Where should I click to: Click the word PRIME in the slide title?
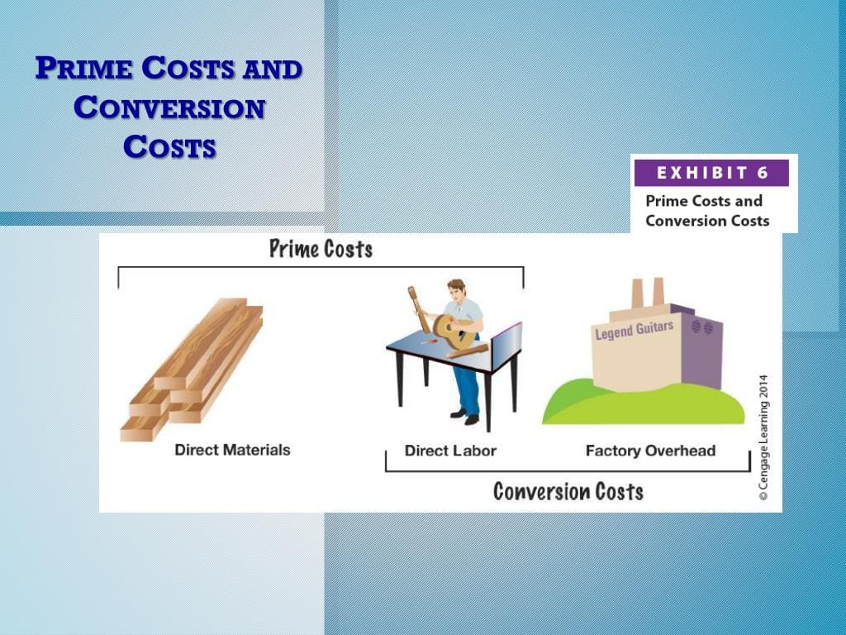pyautogui.click(x=84, y=69)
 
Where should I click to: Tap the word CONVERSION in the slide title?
pyautogui.click(x=169, y=107)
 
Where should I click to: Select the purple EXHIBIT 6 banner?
pyautogui.click(x=711, y=173)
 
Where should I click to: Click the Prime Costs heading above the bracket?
pyautogui.click(x=321, y=249)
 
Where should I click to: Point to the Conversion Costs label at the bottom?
pyautogui.click(x=568, y=491)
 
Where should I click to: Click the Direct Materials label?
pyautogui.click(x=232, y=450)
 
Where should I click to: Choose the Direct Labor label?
pyautogui.click(x=450, y=451)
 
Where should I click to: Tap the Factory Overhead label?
pyautogui.click(x=650, y=451)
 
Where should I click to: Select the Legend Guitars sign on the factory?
pyautogui.click(x=634, y=330)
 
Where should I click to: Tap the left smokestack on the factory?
pyautogui.click(x=638, y=293)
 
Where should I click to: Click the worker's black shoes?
pyautogui.click(x=465, y=417)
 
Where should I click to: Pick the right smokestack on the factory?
pyautogui.click(x=658, y=291)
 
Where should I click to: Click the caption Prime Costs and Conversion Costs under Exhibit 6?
pyautogui.click(x=706, y=211)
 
